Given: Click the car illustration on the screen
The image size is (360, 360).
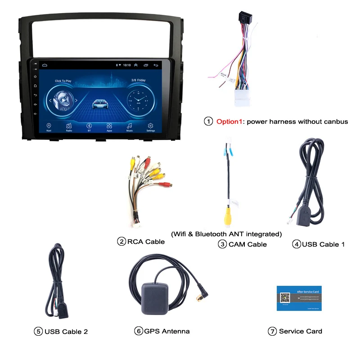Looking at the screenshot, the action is (x=101, y=103).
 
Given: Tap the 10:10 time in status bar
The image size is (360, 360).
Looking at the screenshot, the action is (x=127, y=65).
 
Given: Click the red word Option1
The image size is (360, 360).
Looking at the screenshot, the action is (x=230, y=121).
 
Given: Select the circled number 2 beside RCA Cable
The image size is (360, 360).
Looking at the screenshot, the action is (x=121, y=242).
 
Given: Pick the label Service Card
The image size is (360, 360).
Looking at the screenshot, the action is (x=300, y=331).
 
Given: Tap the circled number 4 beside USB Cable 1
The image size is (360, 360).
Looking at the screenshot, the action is (x=296, y=244).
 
